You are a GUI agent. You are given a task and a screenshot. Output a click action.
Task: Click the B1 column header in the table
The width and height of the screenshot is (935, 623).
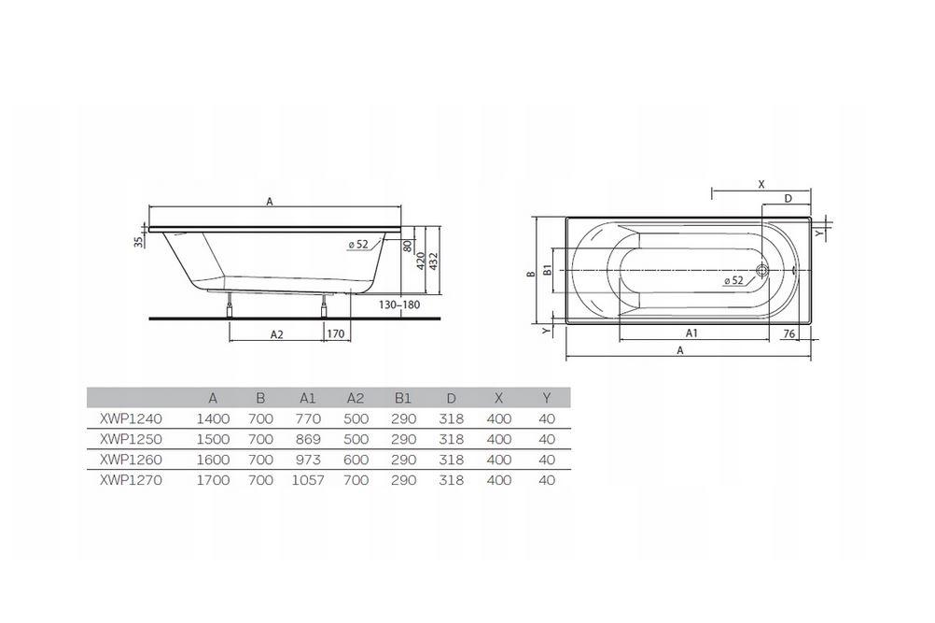click(x=402, y=398)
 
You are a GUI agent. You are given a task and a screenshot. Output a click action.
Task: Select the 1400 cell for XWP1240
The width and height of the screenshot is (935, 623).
click(x=213, y=418)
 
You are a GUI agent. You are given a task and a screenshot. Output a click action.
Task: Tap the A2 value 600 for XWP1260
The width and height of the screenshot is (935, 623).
click(x=356, y=460)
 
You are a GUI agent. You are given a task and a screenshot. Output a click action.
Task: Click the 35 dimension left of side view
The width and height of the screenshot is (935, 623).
click(x=139, y=243)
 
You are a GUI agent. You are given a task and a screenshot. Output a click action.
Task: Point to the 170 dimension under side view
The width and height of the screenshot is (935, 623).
click(x=337, y=333)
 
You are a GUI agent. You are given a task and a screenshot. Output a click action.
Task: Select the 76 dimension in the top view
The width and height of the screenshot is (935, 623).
click(x=788, y=333)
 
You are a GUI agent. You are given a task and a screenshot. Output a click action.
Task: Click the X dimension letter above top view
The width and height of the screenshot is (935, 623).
click(x=761, y=185)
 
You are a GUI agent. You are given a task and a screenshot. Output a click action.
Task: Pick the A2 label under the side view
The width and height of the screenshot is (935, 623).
click(x=276, y=333)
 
